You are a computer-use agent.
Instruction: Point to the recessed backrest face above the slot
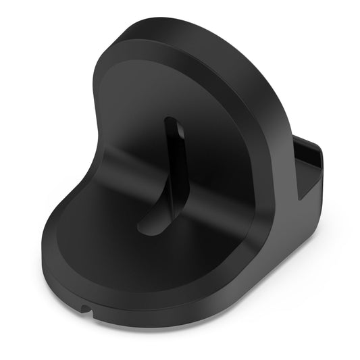click(169, 88)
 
